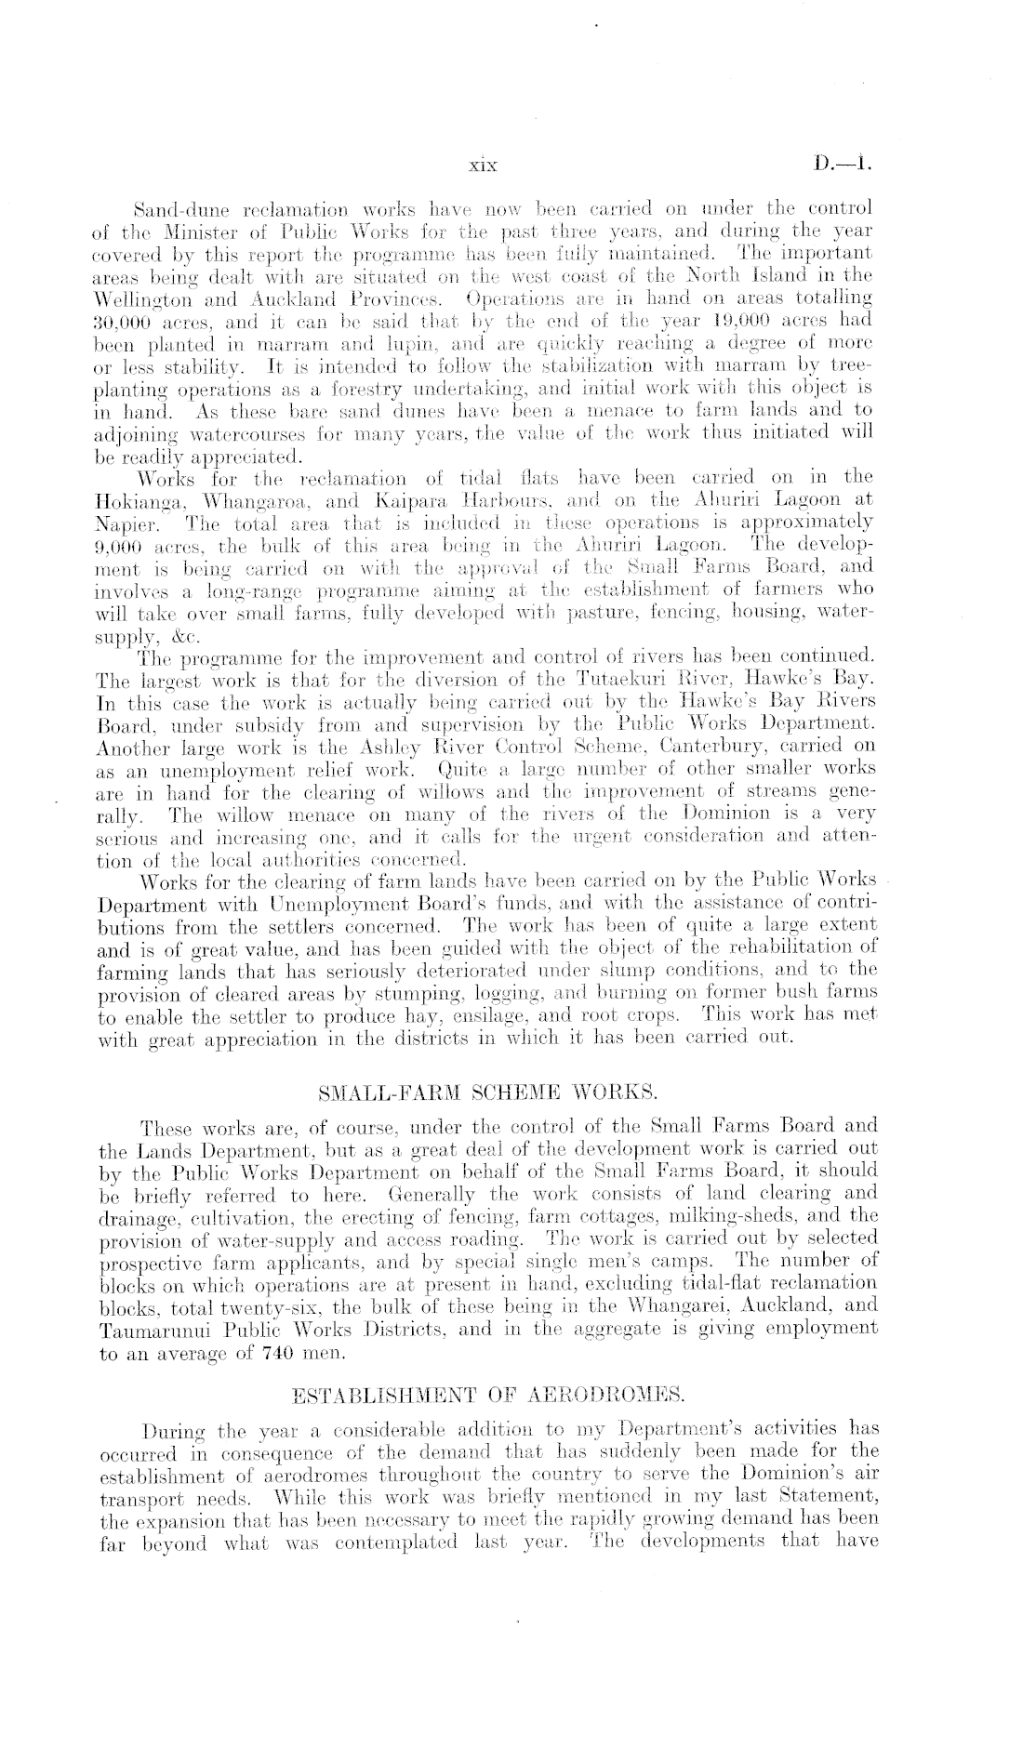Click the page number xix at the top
[483, 167]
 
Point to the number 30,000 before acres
[125, 314]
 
